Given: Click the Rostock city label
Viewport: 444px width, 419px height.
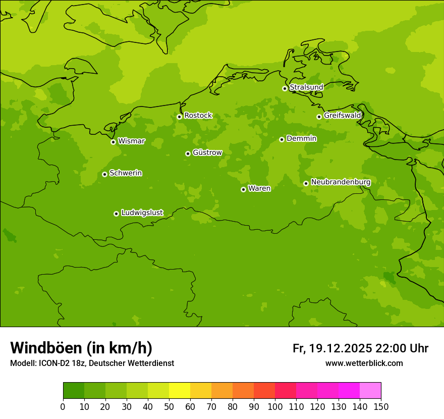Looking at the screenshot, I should pos(198,116).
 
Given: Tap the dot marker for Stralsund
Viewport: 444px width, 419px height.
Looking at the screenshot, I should pos(285,88).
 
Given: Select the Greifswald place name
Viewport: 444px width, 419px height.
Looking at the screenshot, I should pos(343,116).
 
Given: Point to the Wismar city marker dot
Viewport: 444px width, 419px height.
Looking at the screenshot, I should pos(113,142).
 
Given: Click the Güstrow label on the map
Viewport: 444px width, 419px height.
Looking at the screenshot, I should pos(207,152).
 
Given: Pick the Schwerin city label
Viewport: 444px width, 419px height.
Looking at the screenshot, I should pos(126,173).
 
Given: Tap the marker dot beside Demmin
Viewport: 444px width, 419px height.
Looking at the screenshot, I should pos(282,139).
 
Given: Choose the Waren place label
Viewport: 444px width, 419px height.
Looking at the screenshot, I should pos(259,189).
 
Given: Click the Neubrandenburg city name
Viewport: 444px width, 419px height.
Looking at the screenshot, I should pos(341,182).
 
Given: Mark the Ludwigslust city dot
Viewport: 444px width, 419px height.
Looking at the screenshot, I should pos(116,214).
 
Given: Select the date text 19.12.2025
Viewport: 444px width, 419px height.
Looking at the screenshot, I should pos(341,348).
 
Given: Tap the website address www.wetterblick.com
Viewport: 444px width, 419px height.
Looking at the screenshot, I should pos(364,363).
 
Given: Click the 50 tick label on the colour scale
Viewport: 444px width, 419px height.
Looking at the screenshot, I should pos(169,407).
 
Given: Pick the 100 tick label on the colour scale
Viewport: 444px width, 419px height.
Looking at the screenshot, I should pos(275,407).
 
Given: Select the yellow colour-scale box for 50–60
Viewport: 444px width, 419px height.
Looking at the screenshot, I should pos(180,391).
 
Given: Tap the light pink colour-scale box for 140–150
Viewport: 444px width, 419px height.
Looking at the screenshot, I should pos(370,391).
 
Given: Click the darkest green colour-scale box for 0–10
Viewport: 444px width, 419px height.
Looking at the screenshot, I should pos(74,391).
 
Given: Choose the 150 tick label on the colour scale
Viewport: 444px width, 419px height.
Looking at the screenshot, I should pos(381,407).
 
